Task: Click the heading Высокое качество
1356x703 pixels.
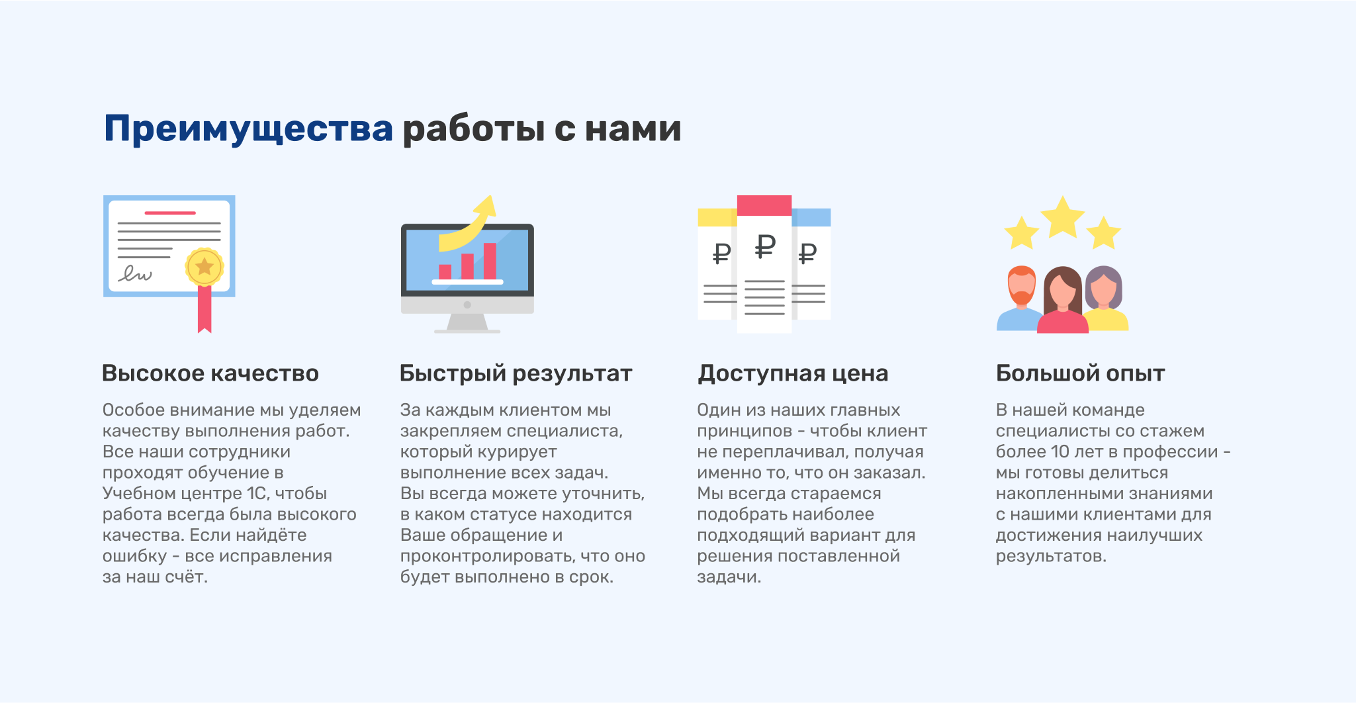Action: (210, 373)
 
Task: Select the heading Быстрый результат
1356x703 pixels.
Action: (516, 374)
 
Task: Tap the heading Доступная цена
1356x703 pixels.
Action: (793, 374)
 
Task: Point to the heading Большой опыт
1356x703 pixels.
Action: (1080, 373)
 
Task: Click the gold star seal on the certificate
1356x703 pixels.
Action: (204, 267)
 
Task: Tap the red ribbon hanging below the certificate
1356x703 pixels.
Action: (204, 308)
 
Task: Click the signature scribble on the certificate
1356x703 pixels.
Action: (135, 273)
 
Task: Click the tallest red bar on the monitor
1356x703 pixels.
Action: (490, 261)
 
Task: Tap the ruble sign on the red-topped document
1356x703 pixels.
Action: (765, 246)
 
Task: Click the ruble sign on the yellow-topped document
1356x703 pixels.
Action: (721, 253)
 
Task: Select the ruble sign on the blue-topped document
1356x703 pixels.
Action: (807, 253)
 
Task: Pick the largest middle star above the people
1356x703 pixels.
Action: (1062, 217)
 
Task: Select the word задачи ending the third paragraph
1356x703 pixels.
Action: (729, 577)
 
